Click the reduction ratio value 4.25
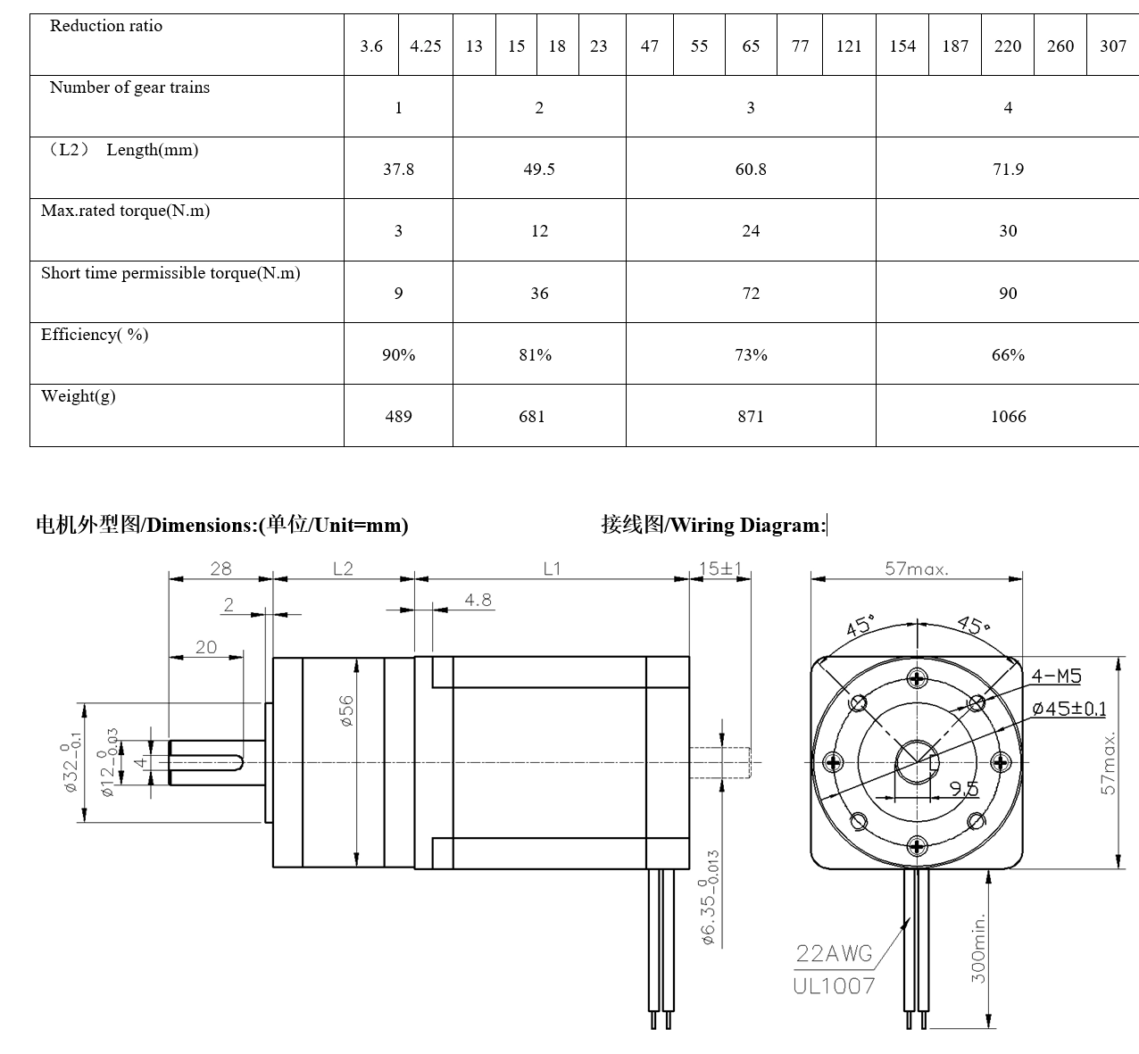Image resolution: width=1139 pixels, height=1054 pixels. pos(425,46)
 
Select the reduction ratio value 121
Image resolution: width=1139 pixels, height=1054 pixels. pos(848,46)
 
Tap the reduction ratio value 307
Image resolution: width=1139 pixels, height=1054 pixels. pos(1112,46)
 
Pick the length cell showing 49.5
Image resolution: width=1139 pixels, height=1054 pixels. pos(539,170)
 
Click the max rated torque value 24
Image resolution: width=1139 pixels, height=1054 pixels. pos(751,231)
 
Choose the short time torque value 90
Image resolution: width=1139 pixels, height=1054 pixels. pos(1008,294)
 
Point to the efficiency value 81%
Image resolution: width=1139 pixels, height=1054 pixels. pos(535,355)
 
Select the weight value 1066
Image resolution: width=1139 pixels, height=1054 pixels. pos(1008,417)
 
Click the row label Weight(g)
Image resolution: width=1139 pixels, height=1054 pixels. pos(79,396)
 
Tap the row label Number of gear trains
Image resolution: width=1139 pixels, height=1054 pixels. pos(129,87)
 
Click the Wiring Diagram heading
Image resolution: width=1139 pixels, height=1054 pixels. pos(713,525)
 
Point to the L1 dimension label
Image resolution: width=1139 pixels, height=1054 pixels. pos(552,568)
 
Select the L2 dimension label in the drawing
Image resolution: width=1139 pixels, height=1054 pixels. pos(343,568)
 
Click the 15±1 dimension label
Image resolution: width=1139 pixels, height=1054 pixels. pos(720,568)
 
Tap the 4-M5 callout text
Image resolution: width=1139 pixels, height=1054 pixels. pos(1056,676)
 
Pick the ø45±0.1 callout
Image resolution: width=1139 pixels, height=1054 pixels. pos(1068,710)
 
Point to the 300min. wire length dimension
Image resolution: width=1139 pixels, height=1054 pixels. pos(979,948)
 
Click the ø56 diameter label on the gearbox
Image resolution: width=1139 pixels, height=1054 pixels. pos(346,710)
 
